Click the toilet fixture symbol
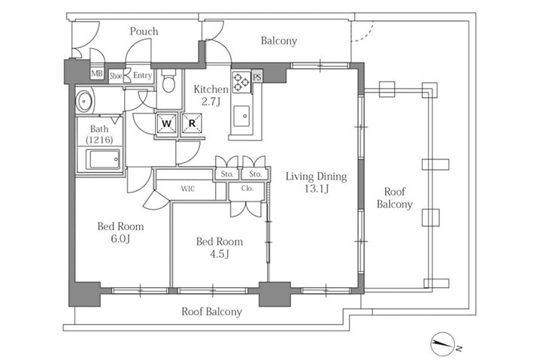(168, 80)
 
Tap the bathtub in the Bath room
(103, 159)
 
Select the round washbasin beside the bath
(83, 101)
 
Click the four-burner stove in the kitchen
(241, 83)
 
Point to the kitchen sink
(241, 116)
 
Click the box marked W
(166, 123)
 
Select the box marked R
(192, 123)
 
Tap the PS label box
(257, 77)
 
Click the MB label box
(97, 74)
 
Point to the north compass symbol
(443, 343)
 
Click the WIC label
(187, 189)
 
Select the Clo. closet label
(247, 188)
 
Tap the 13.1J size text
(317, 189)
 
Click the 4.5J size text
(220, 254)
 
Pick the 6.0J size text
(120, 239)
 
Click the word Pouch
(144, 32)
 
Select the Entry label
(142, 75)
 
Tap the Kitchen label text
(211, 89)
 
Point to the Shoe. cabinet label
(116, 76)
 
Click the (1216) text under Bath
(99, 140)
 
